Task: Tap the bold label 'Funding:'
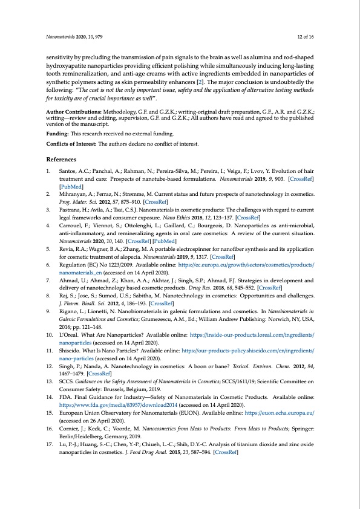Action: tap(57, 134)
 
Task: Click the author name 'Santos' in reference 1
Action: tap(68, 172)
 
